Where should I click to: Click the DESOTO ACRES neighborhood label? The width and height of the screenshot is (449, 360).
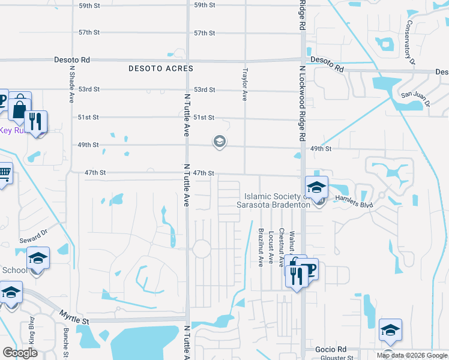click(x=161, y=69)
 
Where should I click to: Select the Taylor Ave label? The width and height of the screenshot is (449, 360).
click(x=244, y=83)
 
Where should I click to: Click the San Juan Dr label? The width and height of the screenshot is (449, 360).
click(x=415, y=98)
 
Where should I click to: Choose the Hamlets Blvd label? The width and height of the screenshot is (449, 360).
click(x=354, y=202)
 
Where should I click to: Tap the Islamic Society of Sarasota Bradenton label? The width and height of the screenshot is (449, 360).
click(x=277, y=200)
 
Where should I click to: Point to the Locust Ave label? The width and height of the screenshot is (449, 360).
click(x=271, y=248)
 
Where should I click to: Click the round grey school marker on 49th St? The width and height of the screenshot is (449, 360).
click(x=219, y=142)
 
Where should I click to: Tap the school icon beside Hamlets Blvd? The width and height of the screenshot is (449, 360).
click(x=316, y=187)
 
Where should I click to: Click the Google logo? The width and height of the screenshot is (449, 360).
click(x=20, y=353)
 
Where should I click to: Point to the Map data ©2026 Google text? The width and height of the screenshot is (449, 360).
click(x=412, y=355)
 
